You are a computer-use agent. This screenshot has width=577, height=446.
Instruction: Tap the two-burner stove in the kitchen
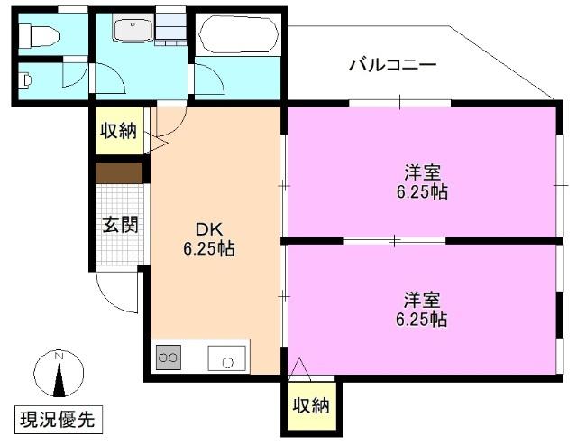pyautogui.click(x=168, y=358)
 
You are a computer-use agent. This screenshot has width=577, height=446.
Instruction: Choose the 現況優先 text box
pyautogui.click(x=58, y=419)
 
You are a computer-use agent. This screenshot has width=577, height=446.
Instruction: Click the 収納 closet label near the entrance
pyautogui.click(x=118, y=131)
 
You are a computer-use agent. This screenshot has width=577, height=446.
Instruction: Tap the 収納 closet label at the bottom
pyautogui.click(x=310, y=406)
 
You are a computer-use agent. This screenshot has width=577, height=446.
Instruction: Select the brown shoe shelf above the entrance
pyautogui.click(x=120, y=172)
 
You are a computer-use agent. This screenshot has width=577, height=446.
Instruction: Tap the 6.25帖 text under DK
pyautogui.click(x=209, y=249)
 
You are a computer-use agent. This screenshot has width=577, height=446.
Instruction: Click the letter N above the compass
pyautogui.click(x=59, y=356)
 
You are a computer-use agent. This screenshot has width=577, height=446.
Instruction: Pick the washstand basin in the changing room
pyautogui.click(x=133, y=30)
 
